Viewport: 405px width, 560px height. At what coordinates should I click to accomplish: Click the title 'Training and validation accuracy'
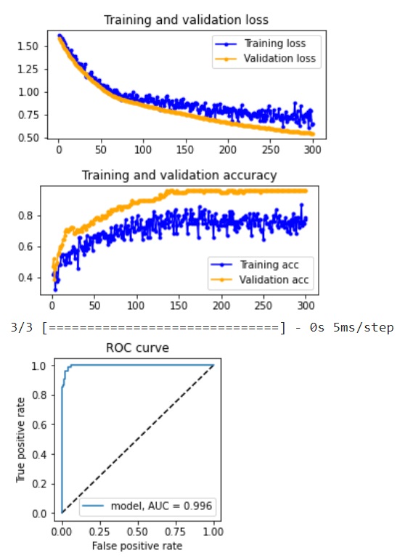coord(179,175)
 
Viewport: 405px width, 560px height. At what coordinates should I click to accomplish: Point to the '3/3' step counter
coord(24,328)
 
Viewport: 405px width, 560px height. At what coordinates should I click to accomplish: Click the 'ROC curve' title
coord(138,348)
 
